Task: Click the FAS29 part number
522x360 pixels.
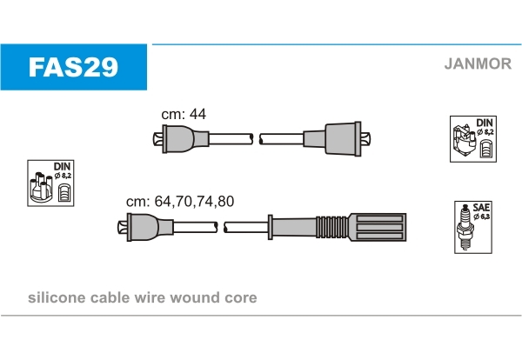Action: (x=74, y=68)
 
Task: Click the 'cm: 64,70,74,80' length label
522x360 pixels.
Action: (x=180, y=201)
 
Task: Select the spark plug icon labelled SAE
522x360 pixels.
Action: (x=469, y=229)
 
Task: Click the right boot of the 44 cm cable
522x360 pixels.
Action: (x=343, y=138)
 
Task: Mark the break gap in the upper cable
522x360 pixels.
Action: (x=256, y=138)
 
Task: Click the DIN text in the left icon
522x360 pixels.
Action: (x=62, y=166)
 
